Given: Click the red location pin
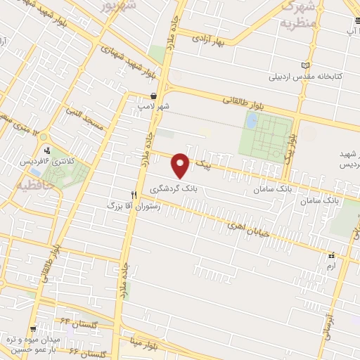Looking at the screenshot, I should pyautogui.click(x=181, y=165).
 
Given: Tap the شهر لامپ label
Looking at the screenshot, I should pyautogui.click(x=153, y=105).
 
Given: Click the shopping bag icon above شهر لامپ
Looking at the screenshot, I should pyautogui.click(x=153, y=96).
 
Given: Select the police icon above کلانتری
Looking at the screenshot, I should pyautogui.click(x=47, y=150).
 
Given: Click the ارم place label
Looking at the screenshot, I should pyautogui.click(x=330, y=266).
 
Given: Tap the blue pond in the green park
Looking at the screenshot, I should pyautogui.click(x=251, y=121).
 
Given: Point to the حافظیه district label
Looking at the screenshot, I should pyautogui.click(x=27, y=187).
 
